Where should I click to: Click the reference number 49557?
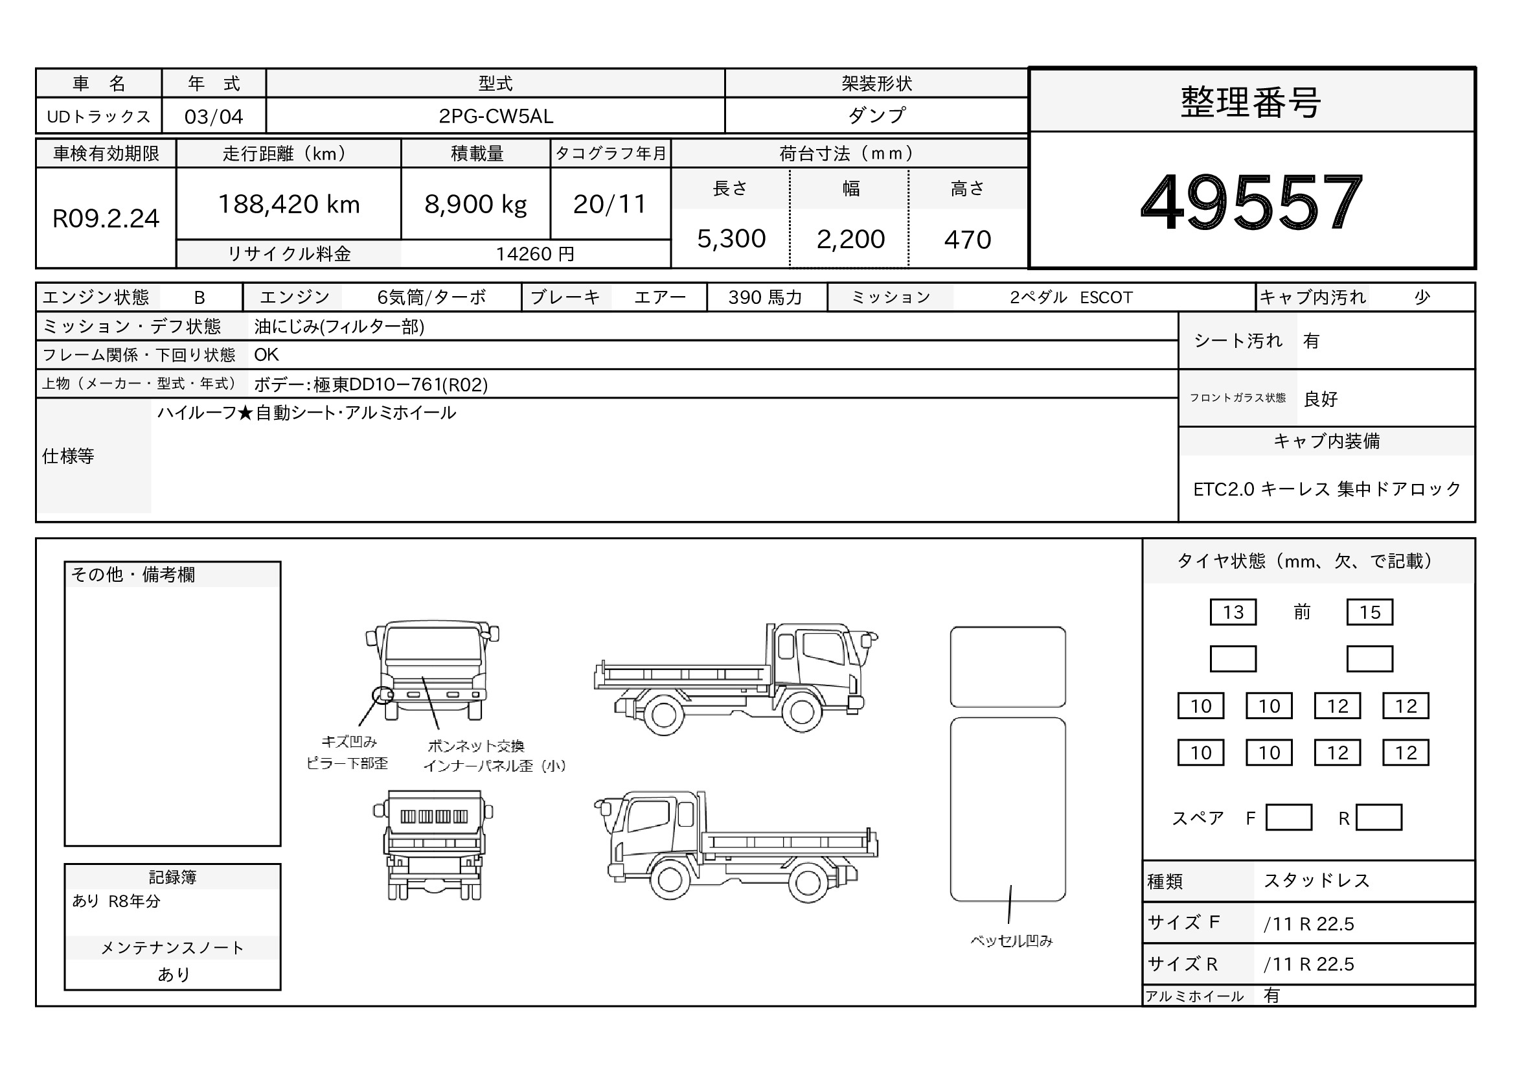(1251, 202)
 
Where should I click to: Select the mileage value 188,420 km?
(289, 205)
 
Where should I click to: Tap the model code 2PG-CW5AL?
(496, 116)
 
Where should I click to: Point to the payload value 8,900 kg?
(476, 205)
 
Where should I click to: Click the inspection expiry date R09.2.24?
(106, 218)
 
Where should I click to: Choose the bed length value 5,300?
(731, 239)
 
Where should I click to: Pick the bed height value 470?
(967, 240)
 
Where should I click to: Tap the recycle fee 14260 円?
(535, 254)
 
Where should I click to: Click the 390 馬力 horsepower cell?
(766, 297)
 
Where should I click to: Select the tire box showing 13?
(1233, 612)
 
